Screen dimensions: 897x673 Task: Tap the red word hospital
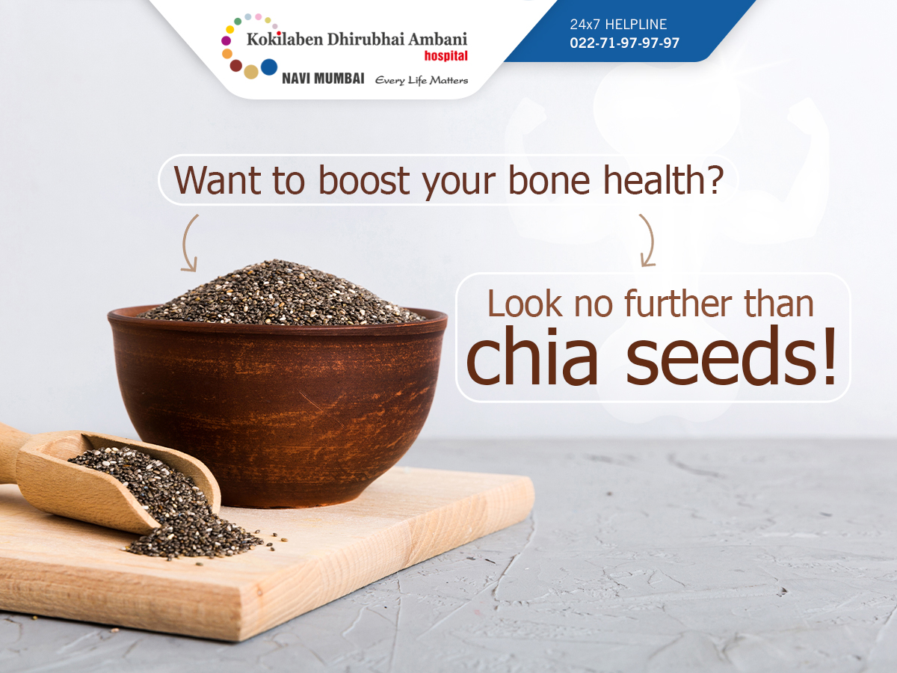446,55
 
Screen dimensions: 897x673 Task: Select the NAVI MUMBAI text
323,78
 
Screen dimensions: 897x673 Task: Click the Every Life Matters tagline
422,80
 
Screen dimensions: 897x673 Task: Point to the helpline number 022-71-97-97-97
624,43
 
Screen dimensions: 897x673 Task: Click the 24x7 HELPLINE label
618,25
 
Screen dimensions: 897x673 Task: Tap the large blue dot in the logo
269,67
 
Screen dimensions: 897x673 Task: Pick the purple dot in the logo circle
226,40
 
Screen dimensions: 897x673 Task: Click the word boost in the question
364,180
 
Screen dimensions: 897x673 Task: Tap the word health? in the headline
663,180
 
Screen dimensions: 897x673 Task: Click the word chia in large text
532,355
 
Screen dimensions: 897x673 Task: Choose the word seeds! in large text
731,355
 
